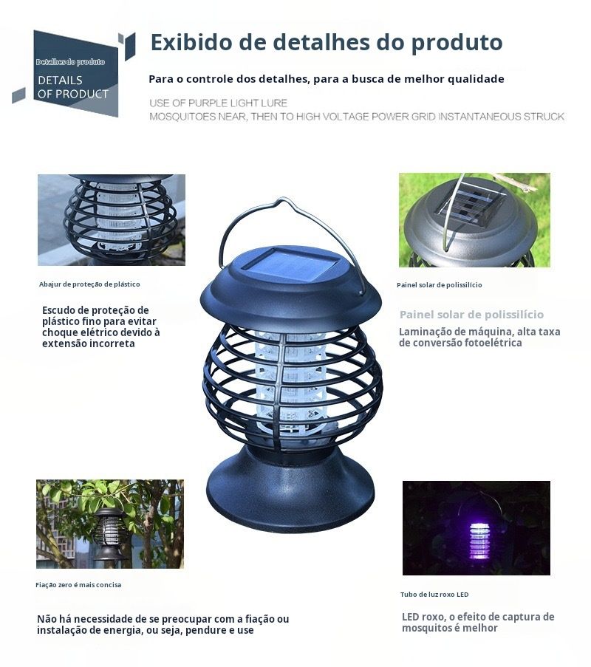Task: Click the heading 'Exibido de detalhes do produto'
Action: tap(327, 43)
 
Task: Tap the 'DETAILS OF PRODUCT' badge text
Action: tap(72, 86)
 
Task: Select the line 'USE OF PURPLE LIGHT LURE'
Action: tap(218, 103)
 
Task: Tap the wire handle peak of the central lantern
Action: tap(284, 201)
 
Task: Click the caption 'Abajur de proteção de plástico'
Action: tap(89, 284)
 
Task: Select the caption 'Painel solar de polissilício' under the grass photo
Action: tap(439, 285)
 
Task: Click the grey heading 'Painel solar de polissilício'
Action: tap(471, 315)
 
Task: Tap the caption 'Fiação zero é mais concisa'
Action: tap(78, 585)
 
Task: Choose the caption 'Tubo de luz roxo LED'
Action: tap(434, 595)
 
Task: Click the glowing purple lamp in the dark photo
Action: tap(479, 539)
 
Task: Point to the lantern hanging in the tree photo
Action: tap(109, 534)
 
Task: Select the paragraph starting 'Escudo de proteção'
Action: tap(101, 326)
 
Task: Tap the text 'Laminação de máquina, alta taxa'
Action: tap(479, 332)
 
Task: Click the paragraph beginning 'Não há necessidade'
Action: tap(163, 624)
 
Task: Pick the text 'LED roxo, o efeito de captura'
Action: tap(478, 617)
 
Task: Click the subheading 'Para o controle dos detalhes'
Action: tap(327, 79)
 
